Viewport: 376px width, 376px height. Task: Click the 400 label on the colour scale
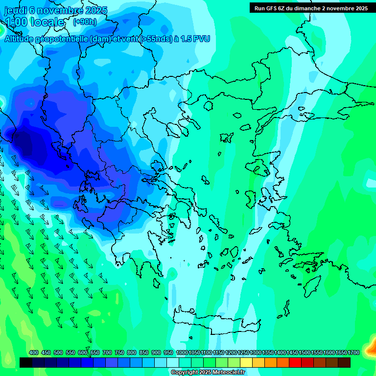[34, 352]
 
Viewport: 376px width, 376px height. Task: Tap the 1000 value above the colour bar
[182, 352]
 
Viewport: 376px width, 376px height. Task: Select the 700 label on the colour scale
[107, 352]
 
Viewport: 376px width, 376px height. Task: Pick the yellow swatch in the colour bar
[246, 362]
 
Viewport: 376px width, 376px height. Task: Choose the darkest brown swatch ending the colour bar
[344, 362]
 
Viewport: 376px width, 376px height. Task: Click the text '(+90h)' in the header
[85, 22]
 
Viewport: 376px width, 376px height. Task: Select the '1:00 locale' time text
[34, 22]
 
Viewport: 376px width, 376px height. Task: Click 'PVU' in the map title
[201, 39]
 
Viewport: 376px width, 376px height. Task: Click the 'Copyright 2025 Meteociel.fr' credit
[208, 373]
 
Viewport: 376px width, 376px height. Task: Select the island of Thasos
[208, 105]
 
